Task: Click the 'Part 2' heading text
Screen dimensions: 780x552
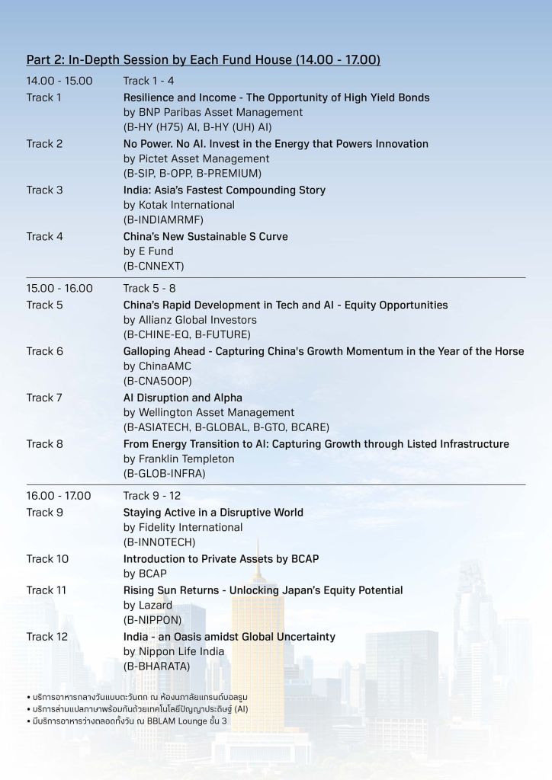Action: (x=203, y=59)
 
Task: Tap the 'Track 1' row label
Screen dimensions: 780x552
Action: (x=44, y=97)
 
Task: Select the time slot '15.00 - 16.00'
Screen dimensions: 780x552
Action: (x=59, y=289)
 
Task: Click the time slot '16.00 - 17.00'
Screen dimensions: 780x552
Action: (x=59, y=496)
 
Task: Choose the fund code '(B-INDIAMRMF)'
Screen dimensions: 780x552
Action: (x=163, y=220)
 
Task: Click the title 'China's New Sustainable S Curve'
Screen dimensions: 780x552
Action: (x=206, y=236)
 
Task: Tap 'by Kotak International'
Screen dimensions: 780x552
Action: (x=178, y=205)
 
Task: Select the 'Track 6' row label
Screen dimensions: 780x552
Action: (x=45, y=351)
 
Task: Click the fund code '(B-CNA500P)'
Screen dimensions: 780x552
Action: (x=158, y=381)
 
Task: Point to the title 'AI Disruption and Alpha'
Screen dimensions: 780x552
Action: (x=183, y=398)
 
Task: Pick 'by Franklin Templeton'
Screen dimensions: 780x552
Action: (x=179, y=459)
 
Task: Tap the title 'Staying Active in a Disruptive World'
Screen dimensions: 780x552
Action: (x=213, y=513)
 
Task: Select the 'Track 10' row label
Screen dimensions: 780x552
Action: (x=47, y=559)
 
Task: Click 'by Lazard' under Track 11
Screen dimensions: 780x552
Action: (x=148, y=606)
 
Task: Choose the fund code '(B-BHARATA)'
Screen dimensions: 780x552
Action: (x=158, y=667)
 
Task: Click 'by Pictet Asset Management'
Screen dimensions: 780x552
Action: (x=196, y=159)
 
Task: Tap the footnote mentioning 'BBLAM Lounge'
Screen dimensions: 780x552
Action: (x=129, y=721)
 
